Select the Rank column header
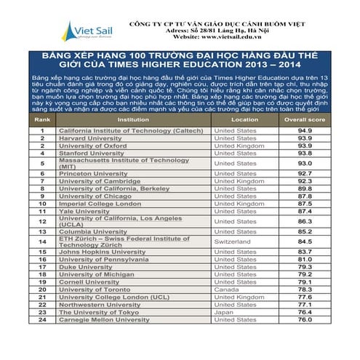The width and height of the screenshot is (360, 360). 43,119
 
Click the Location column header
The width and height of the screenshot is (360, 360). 244,119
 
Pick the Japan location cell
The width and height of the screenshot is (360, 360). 223,311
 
